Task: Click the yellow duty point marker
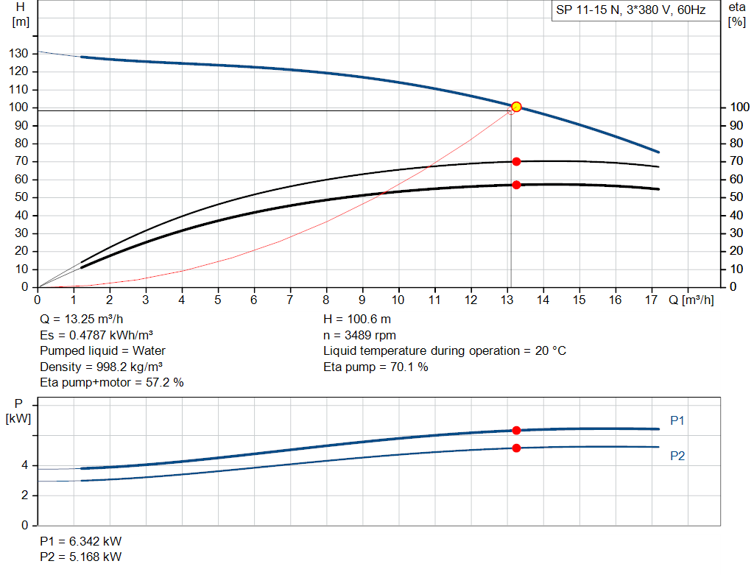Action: [516, 107]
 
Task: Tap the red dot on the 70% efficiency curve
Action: [516, 161]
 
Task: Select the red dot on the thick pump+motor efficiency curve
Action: [516, 185]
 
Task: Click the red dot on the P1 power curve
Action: [516, 430]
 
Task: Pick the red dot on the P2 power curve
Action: [516, 448]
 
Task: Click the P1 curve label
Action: [677, 420]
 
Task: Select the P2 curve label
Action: [677, 456]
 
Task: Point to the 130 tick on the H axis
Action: [18, 53]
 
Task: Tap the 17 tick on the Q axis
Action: [651, 300]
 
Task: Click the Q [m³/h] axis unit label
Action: [691, 300]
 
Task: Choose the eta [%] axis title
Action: [736, 15]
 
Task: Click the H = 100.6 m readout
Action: [357, 320]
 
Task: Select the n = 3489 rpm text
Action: [359, 336]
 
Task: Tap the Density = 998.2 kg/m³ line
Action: [101, 367]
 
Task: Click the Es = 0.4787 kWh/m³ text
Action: [96, 335]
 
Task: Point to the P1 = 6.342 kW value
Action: [81, 541]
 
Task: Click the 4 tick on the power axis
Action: [24, 465]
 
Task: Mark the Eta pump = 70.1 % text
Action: [376, 367]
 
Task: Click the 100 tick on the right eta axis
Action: [739, 107]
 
